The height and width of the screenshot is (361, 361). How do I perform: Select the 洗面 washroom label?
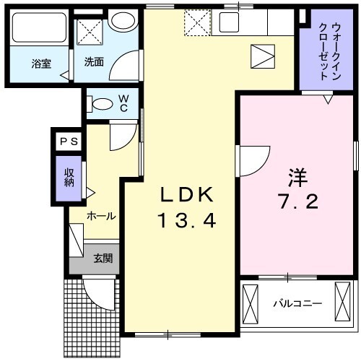click(x=93, y=62)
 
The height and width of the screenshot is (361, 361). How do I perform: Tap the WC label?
click(x=123, y=103)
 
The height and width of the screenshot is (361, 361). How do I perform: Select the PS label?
click(x=69, y=142)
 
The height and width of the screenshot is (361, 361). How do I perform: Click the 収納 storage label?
click(x=69, y=176)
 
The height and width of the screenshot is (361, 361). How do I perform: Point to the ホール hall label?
click(x=101, y=216)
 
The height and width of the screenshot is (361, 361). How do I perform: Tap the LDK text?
click(x=186, y=194)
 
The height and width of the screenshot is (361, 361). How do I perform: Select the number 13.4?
click(x=186, y=220)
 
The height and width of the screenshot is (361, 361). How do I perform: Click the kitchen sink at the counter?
click(x=233, y=22)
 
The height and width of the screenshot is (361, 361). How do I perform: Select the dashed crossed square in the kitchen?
click(x=195, y=23)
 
